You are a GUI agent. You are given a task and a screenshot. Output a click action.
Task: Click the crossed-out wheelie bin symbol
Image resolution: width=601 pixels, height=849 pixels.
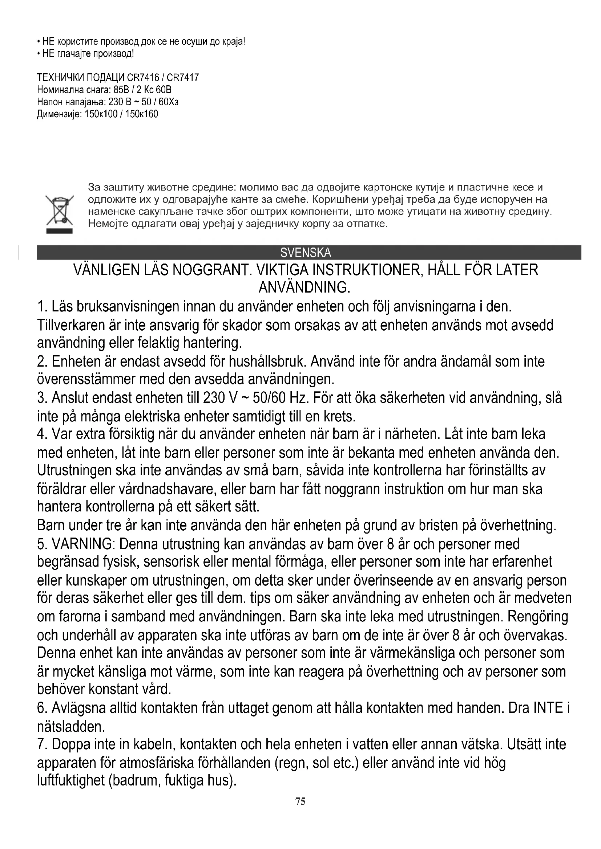click(60, 213)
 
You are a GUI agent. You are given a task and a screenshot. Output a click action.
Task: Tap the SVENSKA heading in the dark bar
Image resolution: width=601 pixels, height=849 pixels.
click(305, 253)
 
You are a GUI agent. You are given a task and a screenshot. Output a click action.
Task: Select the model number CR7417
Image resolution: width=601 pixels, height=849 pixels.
click(183, 78)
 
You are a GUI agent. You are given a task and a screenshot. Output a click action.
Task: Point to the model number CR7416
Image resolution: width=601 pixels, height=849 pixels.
click(143, 78)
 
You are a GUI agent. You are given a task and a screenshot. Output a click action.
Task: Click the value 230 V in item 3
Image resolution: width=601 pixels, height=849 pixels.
click(220, 398)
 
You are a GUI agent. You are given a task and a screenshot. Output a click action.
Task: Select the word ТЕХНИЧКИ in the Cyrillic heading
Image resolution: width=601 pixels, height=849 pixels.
click(60, 78)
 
